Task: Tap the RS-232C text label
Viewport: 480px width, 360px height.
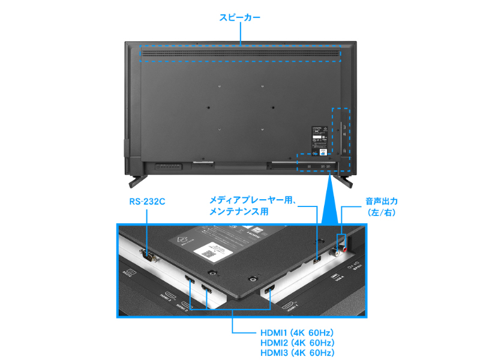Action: pos(147,202)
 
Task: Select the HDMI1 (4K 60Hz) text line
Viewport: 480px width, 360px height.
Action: pos(297,332)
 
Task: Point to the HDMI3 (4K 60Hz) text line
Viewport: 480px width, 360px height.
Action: pos(297,353)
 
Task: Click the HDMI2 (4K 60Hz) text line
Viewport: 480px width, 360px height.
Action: pos(297,343)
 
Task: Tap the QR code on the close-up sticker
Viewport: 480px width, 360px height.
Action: pos(208,253)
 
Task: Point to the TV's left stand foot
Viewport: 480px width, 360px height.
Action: pos(137,178)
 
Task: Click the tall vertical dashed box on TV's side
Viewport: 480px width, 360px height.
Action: pos(341,131)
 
